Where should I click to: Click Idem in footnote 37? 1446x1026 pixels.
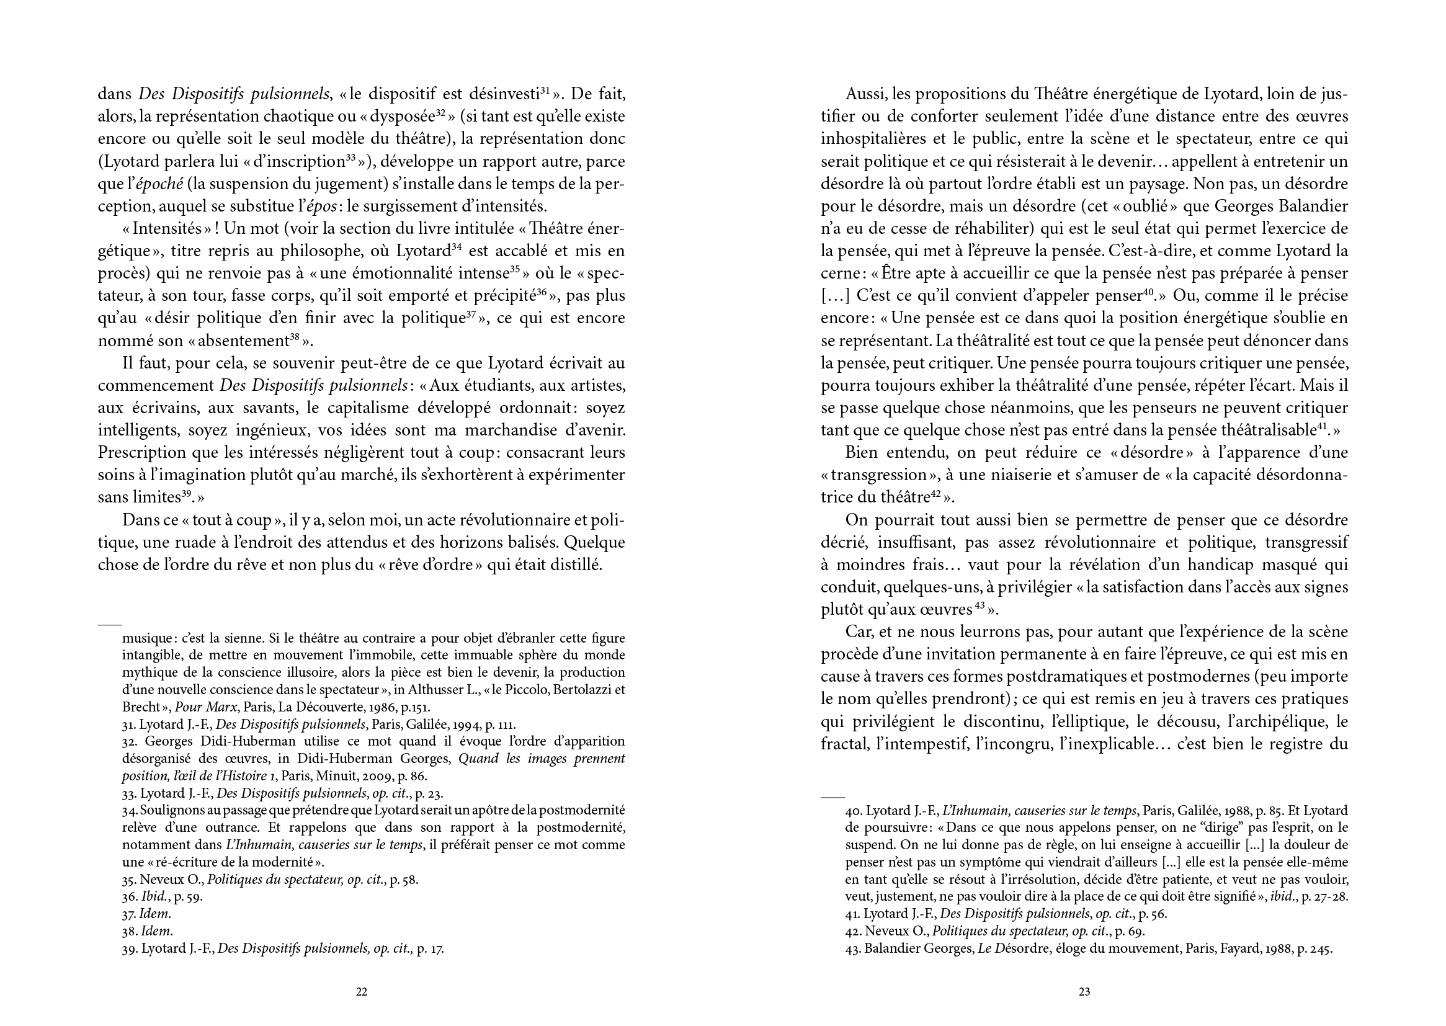156,914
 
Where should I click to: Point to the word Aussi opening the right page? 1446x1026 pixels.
864,95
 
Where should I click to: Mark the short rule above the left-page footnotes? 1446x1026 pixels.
109,624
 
